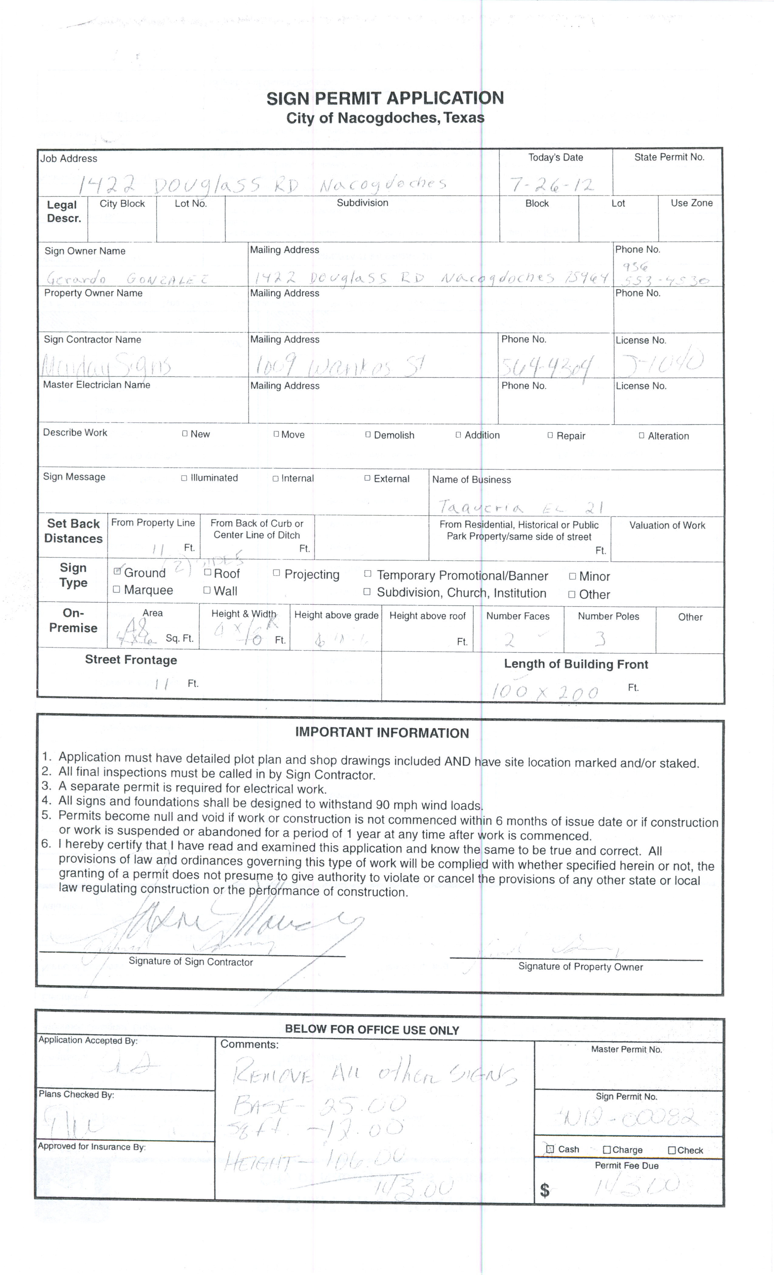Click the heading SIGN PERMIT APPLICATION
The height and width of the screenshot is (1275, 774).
coord(385,98)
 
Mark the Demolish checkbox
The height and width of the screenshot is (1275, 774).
coord(368,435)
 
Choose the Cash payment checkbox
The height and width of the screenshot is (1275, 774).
coord(550,1149)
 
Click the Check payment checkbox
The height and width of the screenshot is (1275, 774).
coord(671,1150)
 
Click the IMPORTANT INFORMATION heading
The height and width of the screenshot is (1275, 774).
coord(382,733)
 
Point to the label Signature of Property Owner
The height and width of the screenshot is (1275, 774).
coord(580,967)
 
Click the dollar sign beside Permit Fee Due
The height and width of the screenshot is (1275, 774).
coord(544,1191)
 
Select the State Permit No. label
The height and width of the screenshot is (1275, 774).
coord(669,157)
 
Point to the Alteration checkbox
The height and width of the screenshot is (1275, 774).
coord(642,436)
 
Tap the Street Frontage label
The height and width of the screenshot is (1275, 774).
coord(131,660)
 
